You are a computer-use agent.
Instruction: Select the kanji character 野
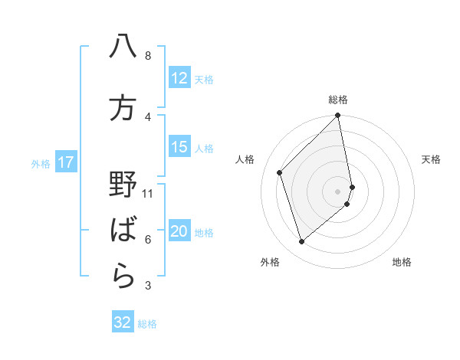[123, 185]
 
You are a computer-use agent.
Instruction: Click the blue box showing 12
[179, 78]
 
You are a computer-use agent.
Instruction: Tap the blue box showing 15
[179, 147]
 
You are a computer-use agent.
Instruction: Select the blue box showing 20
[179, 232]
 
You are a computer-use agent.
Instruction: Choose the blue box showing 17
[66, 162]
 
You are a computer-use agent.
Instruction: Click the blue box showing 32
[123, 322]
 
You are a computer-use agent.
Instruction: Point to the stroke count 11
[148, 193]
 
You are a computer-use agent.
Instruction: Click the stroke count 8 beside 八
[147, 56]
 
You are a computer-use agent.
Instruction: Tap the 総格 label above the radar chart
[338, 100]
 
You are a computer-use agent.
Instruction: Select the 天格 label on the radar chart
[432, 159]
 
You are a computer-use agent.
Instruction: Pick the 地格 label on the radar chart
[402, 262]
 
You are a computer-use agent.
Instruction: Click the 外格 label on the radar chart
[270, 262]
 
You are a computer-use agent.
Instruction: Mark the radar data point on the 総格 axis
[337, 116]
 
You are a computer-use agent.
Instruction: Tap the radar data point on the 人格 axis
[280, 172]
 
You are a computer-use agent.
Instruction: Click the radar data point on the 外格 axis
[302, 242]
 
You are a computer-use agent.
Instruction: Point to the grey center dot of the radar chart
[337, 191]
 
